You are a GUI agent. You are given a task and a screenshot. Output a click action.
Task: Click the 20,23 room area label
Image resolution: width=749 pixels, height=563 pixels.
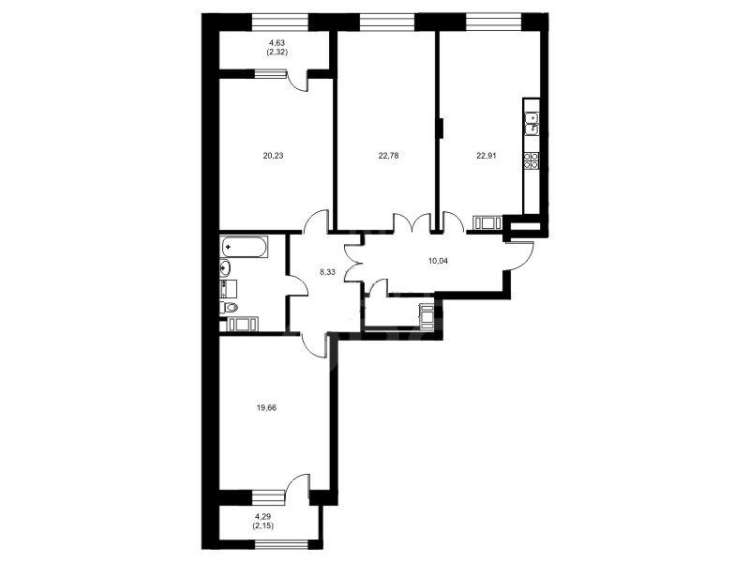coord(273,155)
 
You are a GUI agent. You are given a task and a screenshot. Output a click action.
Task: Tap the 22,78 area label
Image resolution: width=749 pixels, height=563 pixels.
coord(388,155)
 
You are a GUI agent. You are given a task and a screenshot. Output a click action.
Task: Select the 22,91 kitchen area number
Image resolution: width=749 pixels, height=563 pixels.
coord(487,155)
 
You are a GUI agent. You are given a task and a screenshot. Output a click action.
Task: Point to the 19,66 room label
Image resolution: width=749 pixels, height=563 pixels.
coord(266,408)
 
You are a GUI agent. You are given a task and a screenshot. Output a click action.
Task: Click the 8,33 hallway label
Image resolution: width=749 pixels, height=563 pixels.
coord(328,272)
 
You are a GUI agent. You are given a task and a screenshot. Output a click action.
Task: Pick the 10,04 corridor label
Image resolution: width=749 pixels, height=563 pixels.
coord(439,261)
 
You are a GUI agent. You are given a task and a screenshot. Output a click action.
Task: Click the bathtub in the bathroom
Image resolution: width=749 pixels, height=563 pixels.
coord(244,247)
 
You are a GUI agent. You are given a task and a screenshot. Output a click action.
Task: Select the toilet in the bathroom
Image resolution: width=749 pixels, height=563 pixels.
coord(229,307)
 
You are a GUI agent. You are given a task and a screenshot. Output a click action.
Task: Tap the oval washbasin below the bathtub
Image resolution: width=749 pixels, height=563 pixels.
coord(225,267)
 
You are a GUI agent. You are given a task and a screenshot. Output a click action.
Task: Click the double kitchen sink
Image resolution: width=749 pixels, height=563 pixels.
coord(532,124)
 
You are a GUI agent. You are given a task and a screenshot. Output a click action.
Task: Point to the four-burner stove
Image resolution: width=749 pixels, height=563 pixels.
coord(532,160)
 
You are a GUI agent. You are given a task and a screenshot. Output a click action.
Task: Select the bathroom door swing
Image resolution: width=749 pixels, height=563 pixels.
coord(297,286)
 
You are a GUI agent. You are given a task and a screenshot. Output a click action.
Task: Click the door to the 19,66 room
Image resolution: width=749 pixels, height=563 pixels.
coord(314,343)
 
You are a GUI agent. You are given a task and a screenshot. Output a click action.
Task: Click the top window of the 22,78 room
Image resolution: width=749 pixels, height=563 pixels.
coord(387,22)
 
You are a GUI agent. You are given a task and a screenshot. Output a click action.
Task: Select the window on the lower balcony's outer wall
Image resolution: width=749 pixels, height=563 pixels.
coord(281,544)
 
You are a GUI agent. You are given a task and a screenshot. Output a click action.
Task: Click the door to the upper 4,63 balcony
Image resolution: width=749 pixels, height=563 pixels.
coord(297,80)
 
